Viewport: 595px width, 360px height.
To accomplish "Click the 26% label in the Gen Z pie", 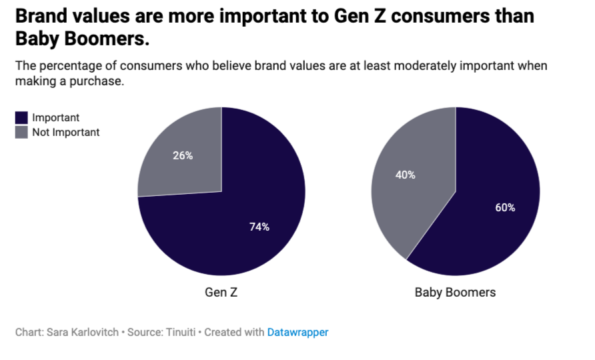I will coord(182,155).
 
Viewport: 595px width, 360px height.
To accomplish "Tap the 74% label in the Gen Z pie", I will coord(259,227).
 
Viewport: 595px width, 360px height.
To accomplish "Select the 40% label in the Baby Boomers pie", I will coord(405,175).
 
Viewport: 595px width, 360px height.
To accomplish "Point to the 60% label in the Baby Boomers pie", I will coord(505,207).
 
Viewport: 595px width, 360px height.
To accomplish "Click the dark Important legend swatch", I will coord(21,118).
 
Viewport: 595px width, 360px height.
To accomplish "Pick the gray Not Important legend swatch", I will coord(21,132).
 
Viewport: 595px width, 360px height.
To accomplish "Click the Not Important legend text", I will coord(65,132).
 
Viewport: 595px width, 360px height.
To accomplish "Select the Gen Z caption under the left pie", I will coord(221,293).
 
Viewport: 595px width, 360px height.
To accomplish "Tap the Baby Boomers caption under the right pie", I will coord(455,293).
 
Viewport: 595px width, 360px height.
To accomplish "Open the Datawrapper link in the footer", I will coord(297,332).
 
